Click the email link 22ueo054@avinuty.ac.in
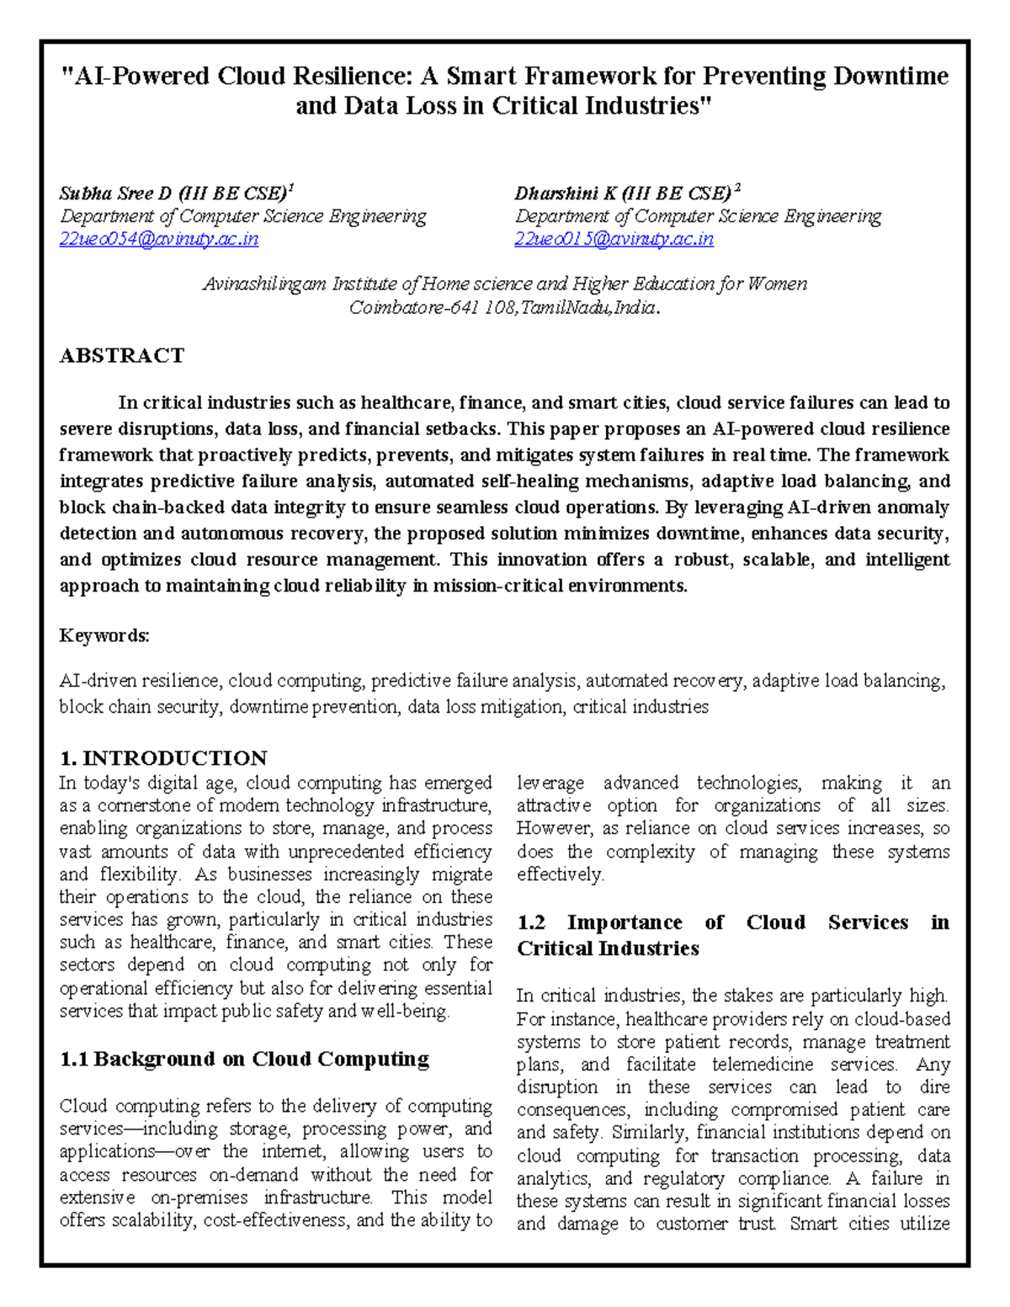click(158, 239)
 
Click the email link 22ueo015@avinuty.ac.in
click(614, 239)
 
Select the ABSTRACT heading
click(121, 355)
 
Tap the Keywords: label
click(104, 635)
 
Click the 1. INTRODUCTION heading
click(162, 757)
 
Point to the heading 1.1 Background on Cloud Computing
click(244, 1059)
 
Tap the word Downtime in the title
click(890, 77)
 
